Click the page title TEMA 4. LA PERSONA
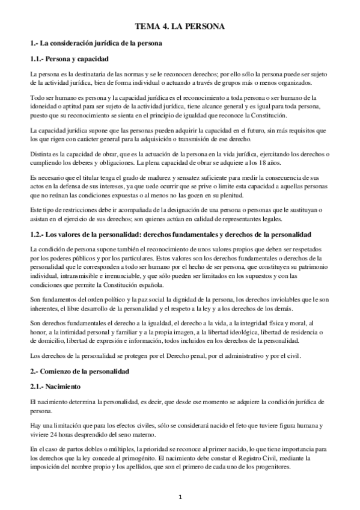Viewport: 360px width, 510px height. point(180,27)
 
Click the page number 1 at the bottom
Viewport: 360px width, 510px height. point(180,497)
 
